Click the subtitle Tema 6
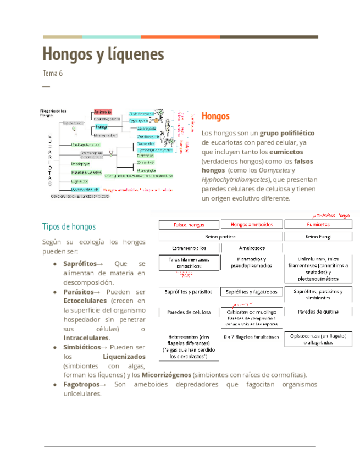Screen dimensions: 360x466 53,73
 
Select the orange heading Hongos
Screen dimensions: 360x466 215,116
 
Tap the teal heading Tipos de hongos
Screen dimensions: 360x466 69,226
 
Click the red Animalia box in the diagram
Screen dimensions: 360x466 103,112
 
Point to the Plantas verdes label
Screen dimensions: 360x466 86,172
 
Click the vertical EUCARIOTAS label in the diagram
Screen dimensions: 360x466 49,159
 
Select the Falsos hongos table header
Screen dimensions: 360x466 189,225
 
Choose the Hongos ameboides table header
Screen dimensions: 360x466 252,225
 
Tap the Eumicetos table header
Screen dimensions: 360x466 319,225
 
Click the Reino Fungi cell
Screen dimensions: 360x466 319,237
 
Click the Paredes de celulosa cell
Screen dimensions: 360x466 189,312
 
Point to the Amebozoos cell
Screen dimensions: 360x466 252,248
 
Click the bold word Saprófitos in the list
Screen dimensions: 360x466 80,264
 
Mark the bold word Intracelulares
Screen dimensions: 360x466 86,337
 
